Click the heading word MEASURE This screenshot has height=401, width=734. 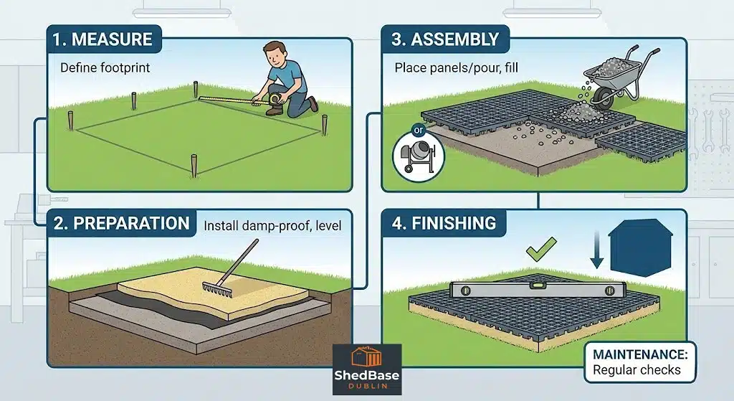tap(112, 39)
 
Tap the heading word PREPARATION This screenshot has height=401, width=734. tap(132, 223)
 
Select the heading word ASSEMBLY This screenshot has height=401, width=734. tap(455, 39)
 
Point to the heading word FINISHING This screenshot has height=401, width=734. tap(454, 223)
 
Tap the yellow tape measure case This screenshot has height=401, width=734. tap(274, 99)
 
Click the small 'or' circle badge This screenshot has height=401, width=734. tap(418, 130)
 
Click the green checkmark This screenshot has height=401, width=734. tap(541, 248)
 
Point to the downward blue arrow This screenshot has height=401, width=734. tap(596, 249)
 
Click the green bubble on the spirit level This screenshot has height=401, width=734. tap(536, 285)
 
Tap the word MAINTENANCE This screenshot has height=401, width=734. tap(640, 354)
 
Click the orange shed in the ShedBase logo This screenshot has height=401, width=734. tap(367, 357)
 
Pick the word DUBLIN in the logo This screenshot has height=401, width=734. tap(367, 386)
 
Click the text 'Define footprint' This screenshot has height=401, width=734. tap(105, 68)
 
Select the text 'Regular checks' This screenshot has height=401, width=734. tap(637, 370)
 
